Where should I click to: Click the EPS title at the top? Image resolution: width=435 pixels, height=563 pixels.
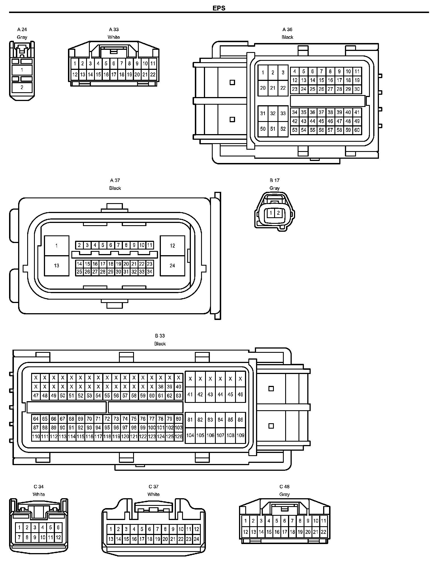pos(219,8)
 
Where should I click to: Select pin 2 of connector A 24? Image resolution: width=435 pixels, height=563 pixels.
pos(22,87)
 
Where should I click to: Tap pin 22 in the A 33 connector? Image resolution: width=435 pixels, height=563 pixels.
pos(153,75)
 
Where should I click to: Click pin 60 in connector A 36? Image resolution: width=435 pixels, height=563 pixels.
pos(357,130)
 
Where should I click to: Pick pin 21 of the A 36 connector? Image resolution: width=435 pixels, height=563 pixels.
pos(273,88)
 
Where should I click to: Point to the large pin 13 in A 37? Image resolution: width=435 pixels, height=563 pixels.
pos(57,266)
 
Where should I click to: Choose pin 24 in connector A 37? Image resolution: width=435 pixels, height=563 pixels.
pos(172,266)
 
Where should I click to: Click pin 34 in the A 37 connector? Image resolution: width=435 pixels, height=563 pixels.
pos(150,272)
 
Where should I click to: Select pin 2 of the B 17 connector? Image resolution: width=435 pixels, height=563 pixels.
pos(278,213)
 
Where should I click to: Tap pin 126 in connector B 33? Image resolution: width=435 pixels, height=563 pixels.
pos(178,437)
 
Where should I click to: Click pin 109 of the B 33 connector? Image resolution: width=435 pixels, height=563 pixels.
pos(240,435)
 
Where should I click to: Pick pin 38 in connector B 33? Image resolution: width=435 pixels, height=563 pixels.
pos(161,387)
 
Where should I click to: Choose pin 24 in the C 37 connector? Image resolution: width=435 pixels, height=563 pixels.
pos(196,539)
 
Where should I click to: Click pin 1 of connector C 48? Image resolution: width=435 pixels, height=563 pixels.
pos(246,521)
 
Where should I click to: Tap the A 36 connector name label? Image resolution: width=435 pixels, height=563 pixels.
pos(287,29)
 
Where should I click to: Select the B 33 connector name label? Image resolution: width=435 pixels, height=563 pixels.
pos(160,336)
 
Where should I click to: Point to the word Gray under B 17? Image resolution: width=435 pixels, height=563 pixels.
pos(274,188)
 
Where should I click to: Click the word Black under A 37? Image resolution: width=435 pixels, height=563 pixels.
pos(115,188)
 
